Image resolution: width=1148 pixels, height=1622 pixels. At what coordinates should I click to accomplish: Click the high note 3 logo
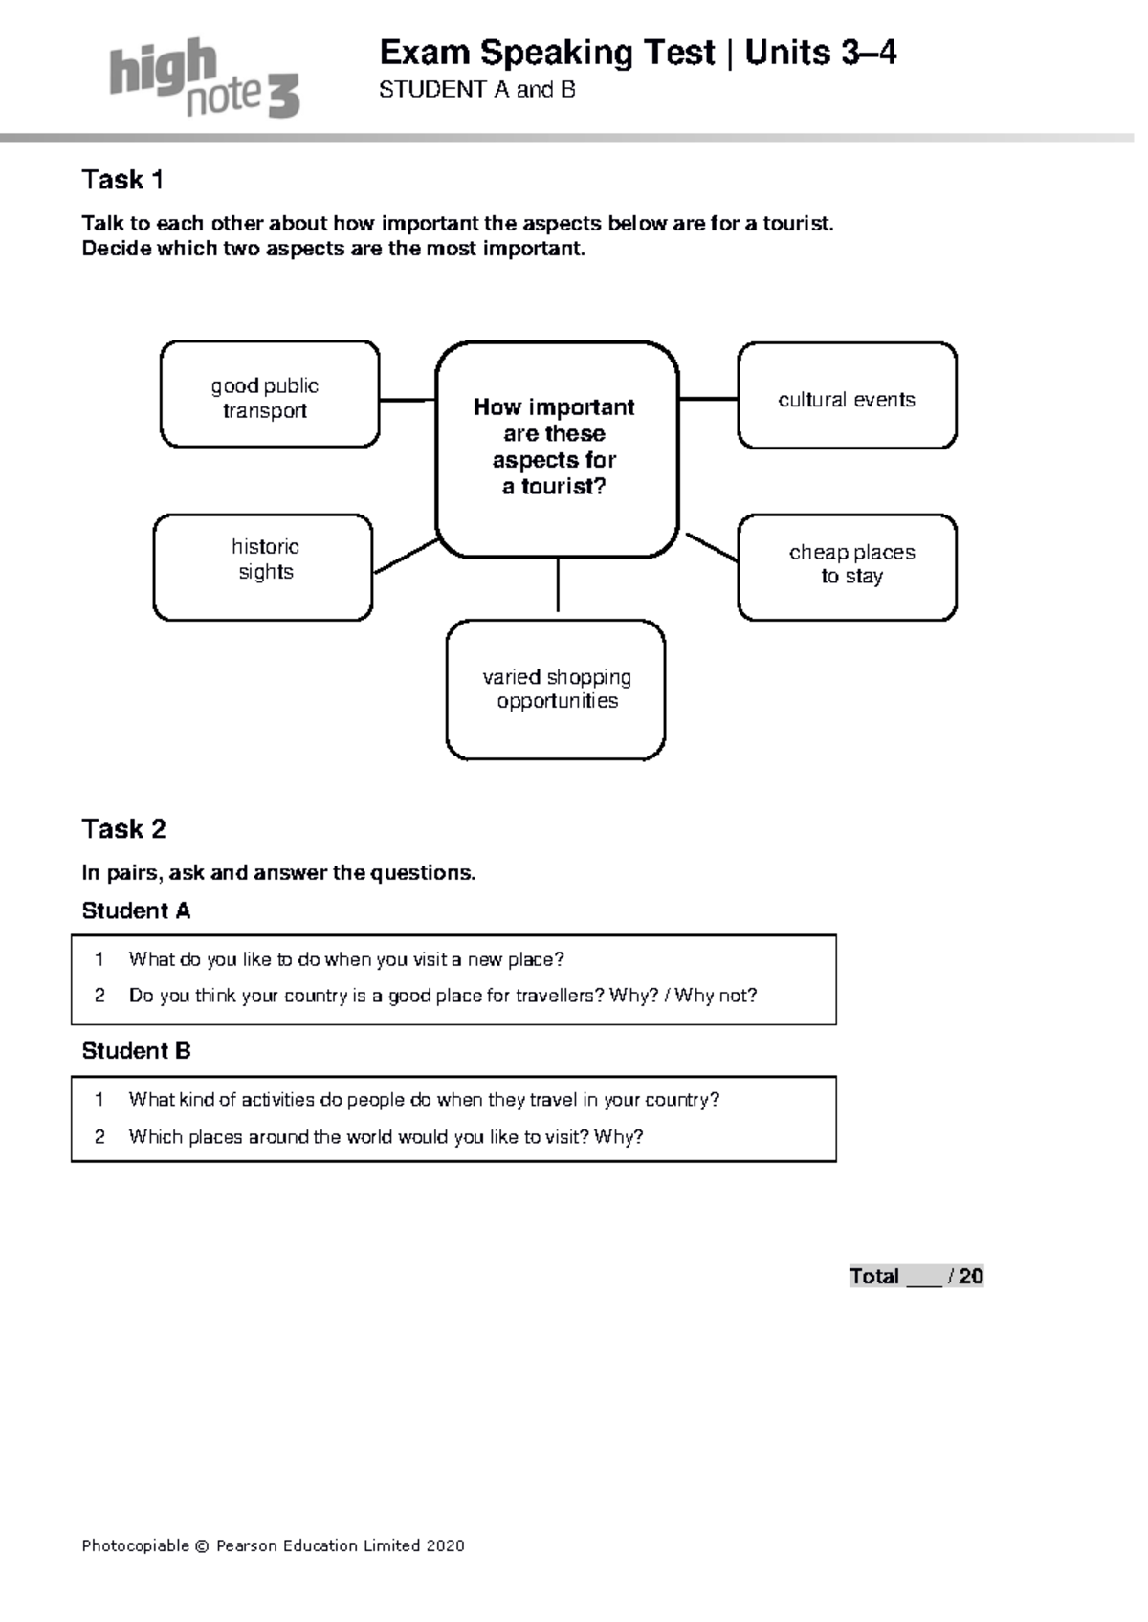click(x=204, y=78)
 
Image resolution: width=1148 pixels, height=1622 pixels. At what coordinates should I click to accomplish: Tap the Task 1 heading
click(x=122, y=180)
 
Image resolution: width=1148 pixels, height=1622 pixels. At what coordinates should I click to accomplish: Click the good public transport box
click(x=269, y=395)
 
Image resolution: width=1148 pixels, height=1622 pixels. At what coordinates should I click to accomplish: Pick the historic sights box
click(x=263, y=567)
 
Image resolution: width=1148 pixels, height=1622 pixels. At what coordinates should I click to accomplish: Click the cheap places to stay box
click(x=847, y=567)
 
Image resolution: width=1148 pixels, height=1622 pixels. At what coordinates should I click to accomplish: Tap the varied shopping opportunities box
click(x=556, y=690)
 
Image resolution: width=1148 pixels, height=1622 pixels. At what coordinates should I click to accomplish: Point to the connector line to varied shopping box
click(x=558, y=587)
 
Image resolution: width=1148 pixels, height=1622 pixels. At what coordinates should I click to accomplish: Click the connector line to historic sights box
click(x=406, y=557)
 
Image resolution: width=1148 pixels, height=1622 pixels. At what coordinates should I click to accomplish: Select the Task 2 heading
click(x=123, y=829)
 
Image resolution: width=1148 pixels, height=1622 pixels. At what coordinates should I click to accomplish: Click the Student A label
click(x=136, y=911)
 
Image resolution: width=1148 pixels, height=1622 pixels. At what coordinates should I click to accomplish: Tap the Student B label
click(x=136, y=1052)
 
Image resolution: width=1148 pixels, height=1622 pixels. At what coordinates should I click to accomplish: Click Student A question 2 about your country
click(x=442, y=997)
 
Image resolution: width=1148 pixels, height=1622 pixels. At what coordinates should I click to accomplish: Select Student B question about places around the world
click(x=386, y=1137)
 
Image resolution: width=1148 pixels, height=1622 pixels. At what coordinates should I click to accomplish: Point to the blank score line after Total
click(x=923, y=1279)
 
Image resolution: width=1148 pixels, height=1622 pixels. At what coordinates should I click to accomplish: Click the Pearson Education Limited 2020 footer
click(x=273, y=1545)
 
